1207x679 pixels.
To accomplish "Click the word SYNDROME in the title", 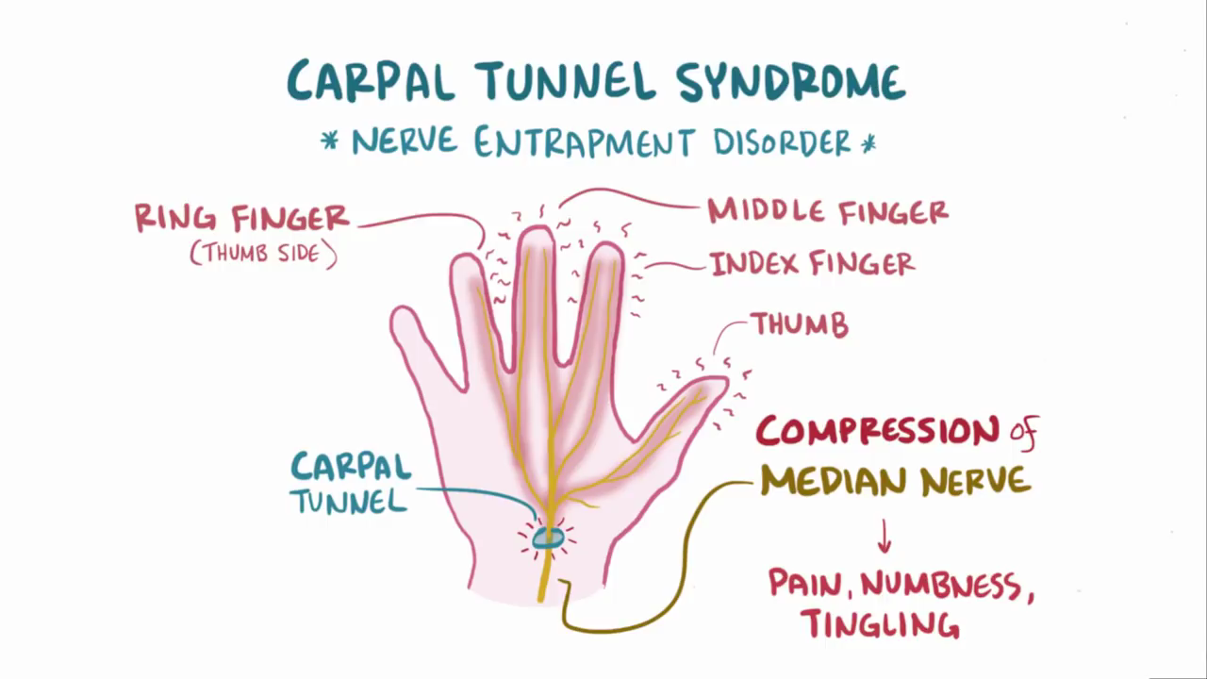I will [791, 82].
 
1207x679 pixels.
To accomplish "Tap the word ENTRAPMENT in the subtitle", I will [584, 142].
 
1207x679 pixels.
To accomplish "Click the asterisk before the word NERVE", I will [329, 142].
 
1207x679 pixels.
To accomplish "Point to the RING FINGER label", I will [241, 219].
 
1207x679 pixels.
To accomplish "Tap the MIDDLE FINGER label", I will [828, 211].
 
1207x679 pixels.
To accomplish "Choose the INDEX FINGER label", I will [812, 264].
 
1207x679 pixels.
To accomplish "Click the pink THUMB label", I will [800, 326].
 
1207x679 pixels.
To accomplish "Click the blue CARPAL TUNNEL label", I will [350, 482].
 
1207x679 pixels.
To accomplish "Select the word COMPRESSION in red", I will [877, 433].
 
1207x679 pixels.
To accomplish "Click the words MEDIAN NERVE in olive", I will [895, 482].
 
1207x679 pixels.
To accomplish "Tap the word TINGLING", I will [879, 623].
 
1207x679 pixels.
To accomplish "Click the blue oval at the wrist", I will [547, 538].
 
